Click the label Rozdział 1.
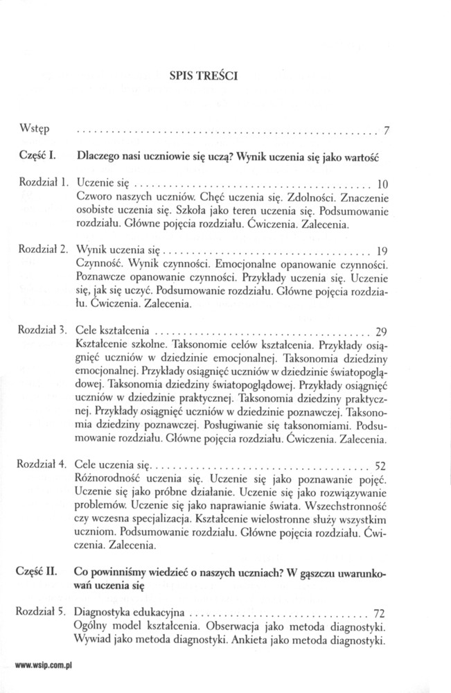tap(44, 183)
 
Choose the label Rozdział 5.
tap(44, 613)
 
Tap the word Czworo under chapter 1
tap(95, 197)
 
